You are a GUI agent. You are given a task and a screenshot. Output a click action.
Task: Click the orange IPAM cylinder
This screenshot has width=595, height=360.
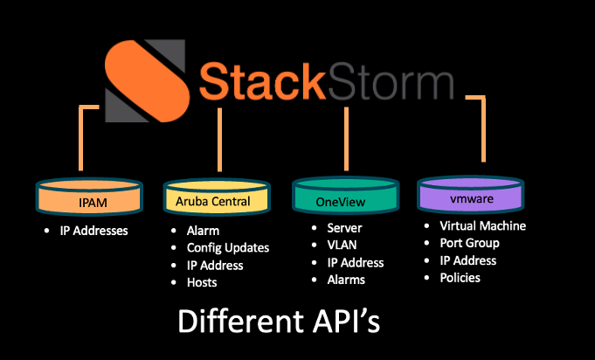click(x=89, y=197)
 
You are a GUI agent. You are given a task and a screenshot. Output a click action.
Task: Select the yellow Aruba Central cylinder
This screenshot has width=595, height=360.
click(x=217, y=197)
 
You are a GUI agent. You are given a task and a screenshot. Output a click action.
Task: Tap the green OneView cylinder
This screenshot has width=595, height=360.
click(x=346, y=195)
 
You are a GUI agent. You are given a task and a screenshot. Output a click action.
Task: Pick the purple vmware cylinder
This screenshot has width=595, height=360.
click(x=471, y=194)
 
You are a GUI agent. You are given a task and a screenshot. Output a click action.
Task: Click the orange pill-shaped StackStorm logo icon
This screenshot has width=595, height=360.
click(x=147, y=80)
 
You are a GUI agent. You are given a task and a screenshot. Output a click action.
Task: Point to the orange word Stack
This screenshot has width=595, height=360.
click(x=262, y=81)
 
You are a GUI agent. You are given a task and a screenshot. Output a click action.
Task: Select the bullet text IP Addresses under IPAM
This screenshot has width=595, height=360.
click(x=93, y=231)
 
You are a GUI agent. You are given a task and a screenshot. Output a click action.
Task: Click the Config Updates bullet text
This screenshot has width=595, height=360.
click(x=228, y=247)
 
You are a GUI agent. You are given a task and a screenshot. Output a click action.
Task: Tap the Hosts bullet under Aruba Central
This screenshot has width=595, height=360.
click(x=202, y=282)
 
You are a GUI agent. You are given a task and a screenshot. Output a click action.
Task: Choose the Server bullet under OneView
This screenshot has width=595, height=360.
click(x=344, y=228)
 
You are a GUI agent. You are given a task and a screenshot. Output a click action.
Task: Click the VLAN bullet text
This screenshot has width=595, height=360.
click(x=342, y=245)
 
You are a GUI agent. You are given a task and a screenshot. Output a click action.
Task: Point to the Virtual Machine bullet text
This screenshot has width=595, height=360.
click(x=482, y=226)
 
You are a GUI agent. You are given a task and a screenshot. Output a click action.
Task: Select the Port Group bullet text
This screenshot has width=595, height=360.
click(x=469, y=243)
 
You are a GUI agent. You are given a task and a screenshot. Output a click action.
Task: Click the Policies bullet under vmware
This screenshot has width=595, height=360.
click(x=460, y=278)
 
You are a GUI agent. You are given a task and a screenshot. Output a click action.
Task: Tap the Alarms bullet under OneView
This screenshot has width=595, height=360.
click(x=346, y=280)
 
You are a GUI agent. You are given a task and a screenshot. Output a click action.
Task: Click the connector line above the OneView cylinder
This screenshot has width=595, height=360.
click(x=346, y=138)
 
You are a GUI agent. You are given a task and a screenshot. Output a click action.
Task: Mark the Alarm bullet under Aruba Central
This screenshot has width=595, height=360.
click(x=203, y=231)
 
